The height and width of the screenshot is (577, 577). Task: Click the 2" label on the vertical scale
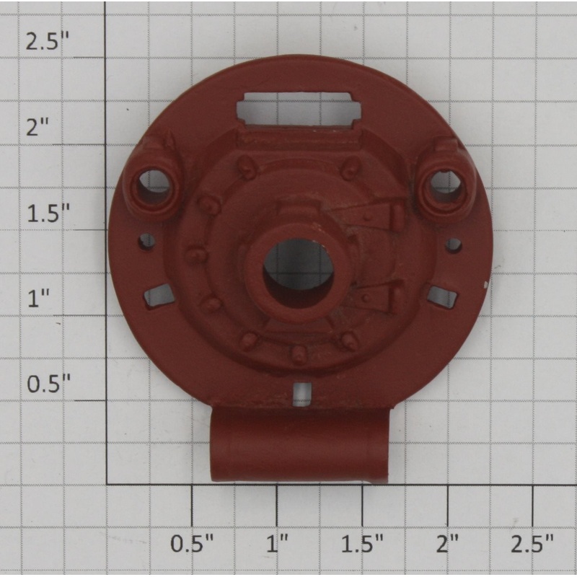point(38,127)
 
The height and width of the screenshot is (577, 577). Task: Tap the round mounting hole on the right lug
point(446,184)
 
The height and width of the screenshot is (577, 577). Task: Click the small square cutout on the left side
point(159,295)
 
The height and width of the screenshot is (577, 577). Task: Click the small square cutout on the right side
point(442,296)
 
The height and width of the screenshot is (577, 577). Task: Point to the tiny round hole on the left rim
point(147,241)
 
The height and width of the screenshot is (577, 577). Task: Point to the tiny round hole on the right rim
point(454,245)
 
